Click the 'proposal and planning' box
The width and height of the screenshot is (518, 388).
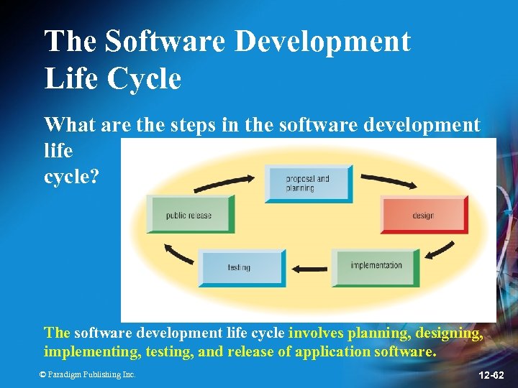click(x=309, y=183)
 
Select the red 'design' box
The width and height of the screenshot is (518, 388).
click(x=423, y=214)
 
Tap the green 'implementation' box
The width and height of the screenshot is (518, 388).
click(x=376, y=267)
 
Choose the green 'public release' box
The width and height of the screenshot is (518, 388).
click(x=190, y=214)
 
